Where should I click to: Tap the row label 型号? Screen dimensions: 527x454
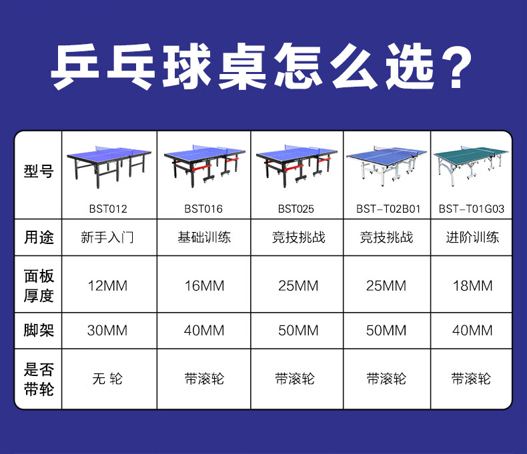39,171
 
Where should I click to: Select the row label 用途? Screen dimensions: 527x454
39,237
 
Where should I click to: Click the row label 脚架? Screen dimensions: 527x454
39,330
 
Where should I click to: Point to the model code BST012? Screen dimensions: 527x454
108,209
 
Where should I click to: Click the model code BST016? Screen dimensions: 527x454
203,209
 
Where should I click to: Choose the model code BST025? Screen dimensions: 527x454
296,209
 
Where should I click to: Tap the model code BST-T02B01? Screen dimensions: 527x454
388,209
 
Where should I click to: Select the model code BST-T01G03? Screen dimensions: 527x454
472,209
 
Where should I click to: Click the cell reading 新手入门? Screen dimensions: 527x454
107,237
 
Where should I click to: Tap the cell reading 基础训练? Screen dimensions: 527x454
204,237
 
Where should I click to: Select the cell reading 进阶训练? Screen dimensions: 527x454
472,237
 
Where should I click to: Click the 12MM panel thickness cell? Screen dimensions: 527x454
107,286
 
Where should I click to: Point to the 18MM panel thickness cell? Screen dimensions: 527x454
472,286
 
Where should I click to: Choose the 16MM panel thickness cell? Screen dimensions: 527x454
204,286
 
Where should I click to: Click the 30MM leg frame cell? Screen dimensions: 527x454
107,331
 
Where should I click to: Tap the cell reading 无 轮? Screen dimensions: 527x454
107,379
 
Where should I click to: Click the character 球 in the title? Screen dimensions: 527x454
187,67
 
